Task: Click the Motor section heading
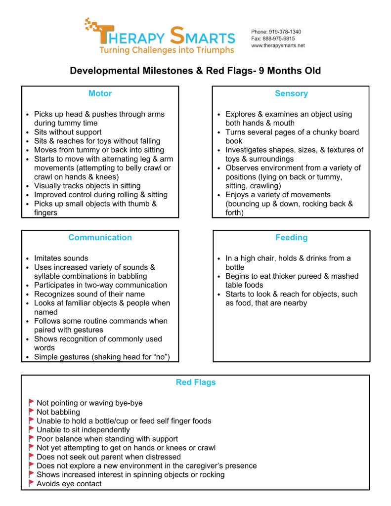tap(100, 93)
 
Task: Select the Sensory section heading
tap(291, 93)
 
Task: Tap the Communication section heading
tap(100, 237)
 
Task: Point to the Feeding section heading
tap(291, 237)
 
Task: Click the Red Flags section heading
tap(196, 382)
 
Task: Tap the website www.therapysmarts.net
tap(278, 45)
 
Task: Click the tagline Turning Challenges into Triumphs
tap(167, 50)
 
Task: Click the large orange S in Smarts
tap(177, 36)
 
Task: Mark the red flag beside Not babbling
tap(31, 412)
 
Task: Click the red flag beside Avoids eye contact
tap(31, 483)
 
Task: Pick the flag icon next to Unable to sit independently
tap(31, 429)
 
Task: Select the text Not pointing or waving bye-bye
tap(89, 403)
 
